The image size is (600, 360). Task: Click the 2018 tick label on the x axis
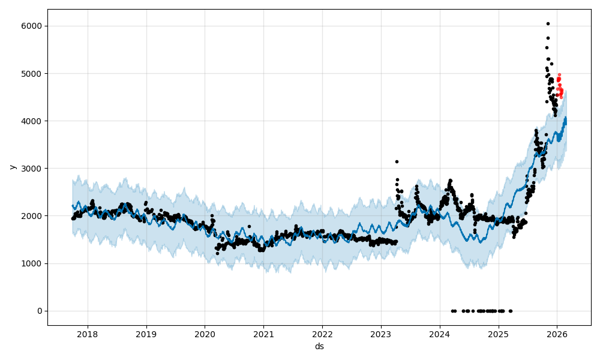(x=88, y=334)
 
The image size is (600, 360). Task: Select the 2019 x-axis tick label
(x=146, y=334)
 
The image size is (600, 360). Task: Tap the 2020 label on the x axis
(x=205, y=334)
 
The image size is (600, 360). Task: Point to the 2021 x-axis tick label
(x=263, y=334)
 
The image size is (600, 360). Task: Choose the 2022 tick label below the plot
(x=322, y=334)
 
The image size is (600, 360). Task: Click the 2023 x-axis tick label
(x=380, y=334)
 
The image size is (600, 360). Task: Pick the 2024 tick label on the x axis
(x=439, y=334)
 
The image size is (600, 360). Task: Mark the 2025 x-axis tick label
(x=498, y=334)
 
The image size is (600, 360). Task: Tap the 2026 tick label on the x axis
(x=557, y=334)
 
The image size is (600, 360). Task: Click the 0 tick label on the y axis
(x=40, y=311)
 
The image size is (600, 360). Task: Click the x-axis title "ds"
(x=319, y=346)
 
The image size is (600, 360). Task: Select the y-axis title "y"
(x=11, y=167)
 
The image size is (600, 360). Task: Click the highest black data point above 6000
(x=548, y=24)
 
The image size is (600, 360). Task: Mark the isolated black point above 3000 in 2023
(x=397, y=161)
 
